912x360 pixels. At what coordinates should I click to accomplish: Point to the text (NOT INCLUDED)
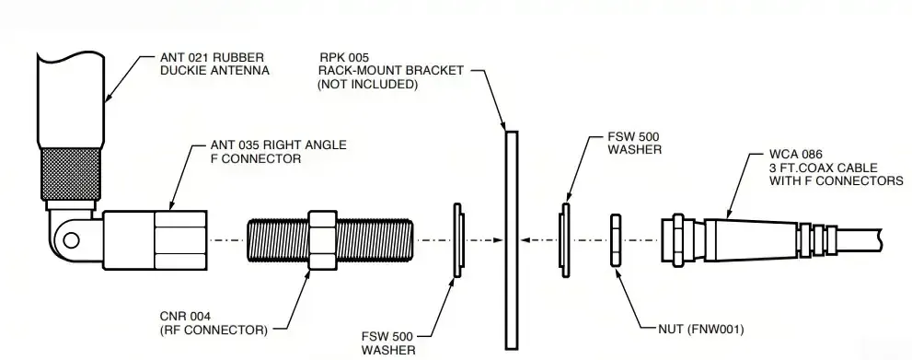coord(368,84)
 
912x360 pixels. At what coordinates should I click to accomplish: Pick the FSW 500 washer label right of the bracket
coord(634,143)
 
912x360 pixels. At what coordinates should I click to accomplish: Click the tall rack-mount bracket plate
coord(511,239)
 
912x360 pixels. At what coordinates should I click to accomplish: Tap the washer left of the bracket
coord(457,239)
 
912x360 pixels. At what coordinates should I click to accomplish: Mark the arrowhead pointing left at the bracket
coord(524,239)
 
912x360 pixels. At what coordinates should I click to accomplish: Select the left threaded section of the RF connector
coord(276,239)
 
